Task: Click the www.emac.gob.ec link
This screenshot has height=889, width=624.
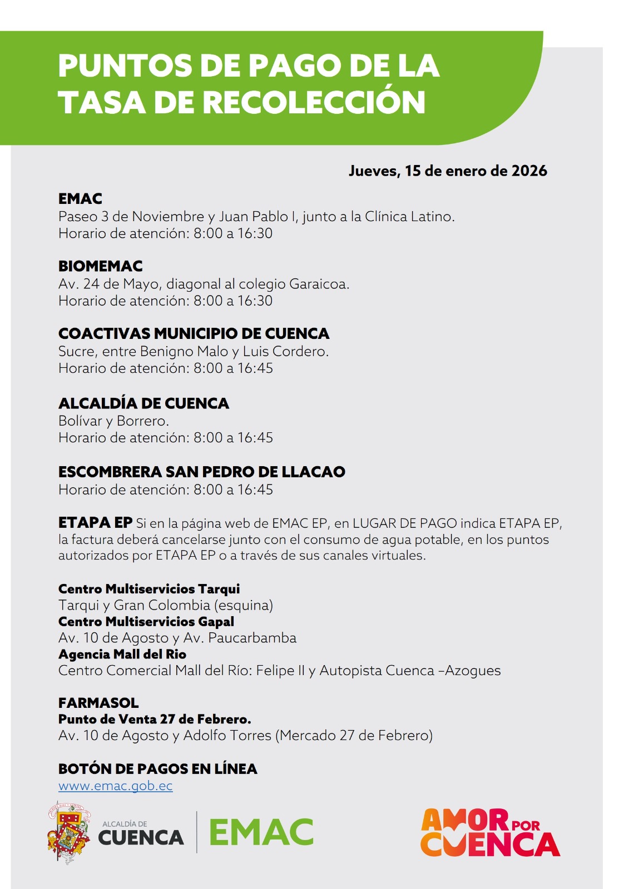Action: (x=115, y=786)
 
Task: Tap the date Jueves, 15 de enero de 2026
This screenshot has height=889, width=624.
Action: (x=448, y=171)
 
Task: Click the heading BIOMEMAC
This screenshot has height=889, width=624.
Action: (x=101, y=266)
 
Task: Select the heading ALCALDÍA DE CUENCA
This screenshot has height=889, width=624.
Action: (x=143, y=403)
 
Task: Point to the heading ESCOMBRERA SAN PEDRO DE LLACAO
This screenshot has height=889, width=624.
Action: (x=201, y=472)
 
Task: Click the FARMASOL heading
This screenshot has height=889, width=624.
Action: (x=98, y=703)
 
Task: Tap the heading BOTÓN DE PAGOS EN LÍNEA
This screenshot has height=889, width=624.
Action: (x=157, y=769)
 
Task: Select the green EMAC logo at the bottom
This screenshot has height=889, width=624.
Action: (x=261, y=832)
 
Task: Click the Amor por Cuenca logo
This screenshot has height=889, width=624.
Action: (x=490, y=832)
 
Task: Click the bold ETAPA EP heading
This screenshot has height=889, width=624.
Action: (x=95, y=523)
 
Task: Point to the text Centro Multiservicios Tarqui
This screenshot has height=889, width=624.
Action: (x=149, y=589)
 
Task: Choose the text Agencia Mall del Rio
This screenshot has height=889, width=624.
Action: (x=122, y=654)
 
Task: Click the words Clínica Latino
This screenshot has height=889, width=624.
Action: (x=409, y=216)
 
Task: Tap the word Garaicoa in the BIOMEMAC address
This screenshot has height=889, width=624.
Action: (x=319, y=284)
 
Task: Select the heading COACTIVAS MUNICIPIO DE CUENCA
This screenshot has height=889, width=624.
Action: (x=194, y=333)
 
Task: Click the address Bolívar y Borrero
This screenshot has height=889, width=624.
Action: (x=113, y=421)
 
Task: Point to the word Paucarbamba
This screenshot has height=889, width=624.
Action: (x=252, y=637)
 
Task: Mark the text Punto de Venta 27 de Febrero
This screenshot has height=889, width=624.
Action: (x=155, y=719)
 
